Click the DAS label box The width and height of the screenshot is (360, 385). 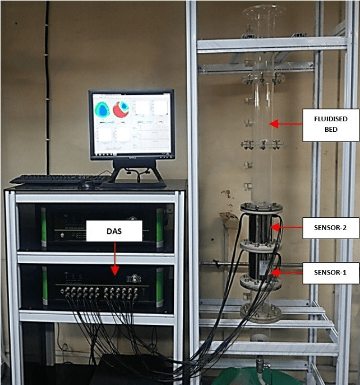pyautogui.click(x=114, y=231)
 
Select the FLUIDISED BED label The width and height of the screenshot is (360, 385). pyautogui.click(x=330, y=125)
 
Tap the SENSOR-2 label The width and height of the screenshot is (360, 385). pyautogui.click(x=330, y=228)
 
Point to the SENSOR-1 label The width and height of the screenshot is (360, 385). pyautogui.click(x=330, y=273)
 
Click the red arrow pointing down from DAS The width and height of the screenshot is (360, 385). pyautogui.click(x=114, y=258)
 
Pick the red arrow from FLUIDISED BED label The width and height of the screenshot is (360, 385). pyautogui.click(x=285, y=123)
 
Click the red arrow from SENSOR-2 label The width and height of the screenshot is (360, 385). pyautogui.click(x=287, y=227)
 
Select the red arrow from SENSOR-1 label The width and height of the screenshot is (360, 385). pyautogui.click(x=287, y=273)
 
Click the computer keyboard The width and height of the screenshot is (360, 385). pyautogui.click(x=59, y=179)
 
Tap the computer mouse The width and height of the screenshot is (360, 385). pyautogui.click(x=86, y=184)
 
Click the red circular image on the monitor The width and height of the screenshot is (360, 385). pyautogui.click(x=121, y=109)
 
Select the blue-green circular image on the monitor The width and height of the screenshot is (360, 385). pyautogui.click(x=102, y=109)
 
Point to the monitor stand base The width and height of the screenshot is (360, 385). pyautogui.click(x=134, y=184)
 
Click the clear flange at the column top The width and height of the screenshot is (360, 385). pyautogui.click(x=264, y=11)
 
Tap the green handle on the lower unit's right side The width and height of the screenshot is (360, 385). pyautogui.click(x=159, y=287)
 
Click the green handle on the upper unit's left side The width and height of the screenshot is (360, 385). pyautogui.click(x=44, y=227)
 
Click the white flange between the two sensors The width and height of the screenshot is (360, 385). pyautogui.click(x=261, y=246)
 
